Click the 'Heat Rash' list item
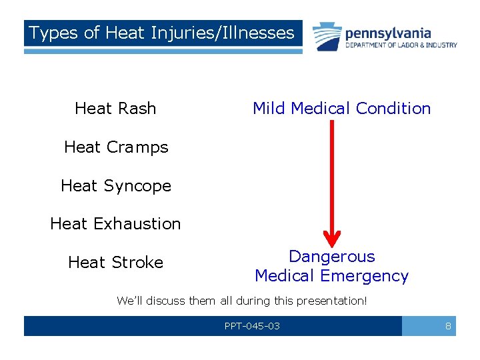tap(115, 109)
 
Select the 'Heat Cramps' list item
tap(116, 147)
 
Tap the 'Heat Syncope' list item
tap(116, 186)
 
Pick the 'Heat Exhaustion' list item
tap(115, 224)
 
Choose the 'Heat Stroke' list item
tap(115, 263)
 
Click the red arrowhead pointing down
tap(331, 239)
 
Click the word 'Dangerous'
tap(331, 257)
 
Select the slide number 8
tap(448, 326)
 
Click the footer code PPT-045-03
tap(252, 326)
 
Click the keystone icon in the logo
tap(327, 36)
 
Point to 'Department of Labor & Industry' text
tap(401, 45)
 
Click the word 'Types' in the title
tap(53, 33)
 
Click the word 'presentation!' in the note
tap(333, 301)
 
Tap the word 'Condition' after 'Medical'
tap(394, 109)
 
